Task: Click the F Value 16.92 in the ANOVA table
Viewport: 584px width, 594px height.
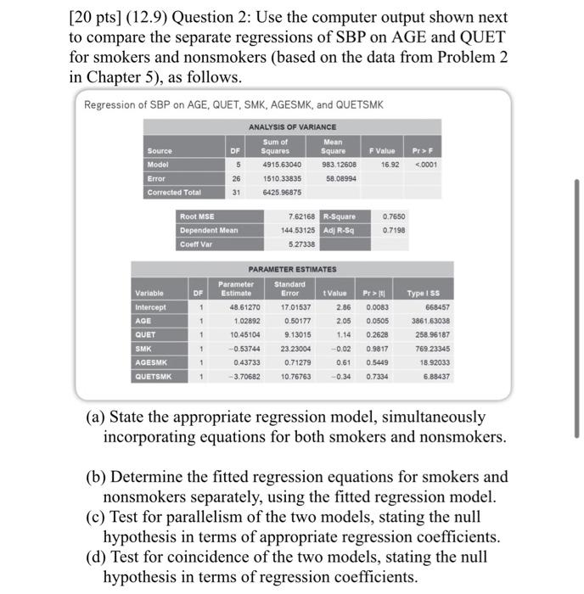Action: [x=390, y=164]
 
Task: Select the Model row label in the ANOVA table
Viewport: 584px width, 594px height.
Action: [x=159, y=164]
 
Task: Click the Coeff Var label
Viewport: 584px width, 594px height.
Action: [x=197, y=244]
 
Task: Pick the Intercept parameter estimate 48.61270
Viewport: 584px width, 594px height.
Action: [x=237, y=307]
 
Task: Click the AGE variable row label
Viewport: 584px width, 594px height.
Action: [x=144, y=321]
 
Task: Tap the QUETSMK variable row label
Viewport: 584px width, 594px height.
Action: [x=154, y=376]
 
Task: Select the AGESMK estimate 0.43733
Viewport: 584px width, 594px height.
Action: [x=240, y=362]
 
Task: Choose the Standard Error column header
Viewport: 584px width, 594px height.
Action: [x=290, y=289]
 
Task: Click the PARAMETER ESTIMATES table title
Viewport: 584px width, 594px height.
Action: [x=292, y=269]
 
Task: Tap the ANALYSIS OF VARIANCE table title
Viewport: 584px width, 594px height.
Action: [x=292, y=126]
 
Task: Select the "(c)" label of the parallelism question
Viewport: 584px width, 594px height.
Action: [x=98, y=517]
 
